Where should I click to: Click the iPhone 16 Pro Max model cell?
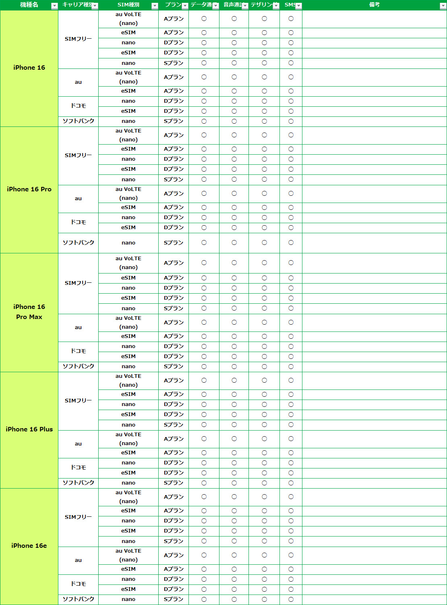click(29, 312)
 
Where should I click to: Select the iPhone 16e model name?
click(29, 545)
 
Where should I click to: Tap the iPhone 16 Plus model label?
click(29, 429)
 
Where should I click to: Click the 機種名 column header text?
click(29, 5)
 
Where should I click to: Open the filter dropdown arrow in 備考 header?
click(443, 6)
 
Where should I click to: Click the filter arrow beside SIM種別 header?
click(155, 6)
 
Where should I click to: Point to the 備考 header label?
click(374, 5)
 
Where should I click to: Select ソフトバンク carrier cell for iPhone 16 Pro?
click(78, 242)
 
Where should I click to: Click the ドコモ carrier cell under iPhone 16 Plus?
click(78, 467)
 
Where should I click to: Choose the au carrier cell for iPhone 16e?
click(78, 560)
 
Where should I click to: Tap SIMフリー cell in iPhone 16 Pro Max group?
click(78, 283)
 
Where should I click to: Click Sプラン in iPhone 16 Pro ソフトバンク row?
click(174, 242)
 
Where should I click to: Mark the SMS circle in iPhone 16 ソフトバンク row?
click(291, 121)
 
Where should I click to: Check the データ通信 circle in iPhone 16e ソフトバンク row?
click(204, 599)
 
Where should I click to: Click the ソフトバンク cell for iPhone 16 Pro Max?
click(78, 366)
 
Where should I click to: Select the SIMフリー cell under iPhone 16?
click(78, 39)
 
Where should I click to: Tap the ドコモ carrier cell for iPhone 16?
click(78, 106)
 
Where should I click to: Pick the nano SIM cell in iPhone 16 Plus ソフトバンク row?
click(128, 483)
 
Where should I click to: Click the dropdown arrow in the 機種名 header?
click(54, 6)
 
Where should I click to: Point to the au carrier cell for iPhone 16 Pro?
click(78, 198)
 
